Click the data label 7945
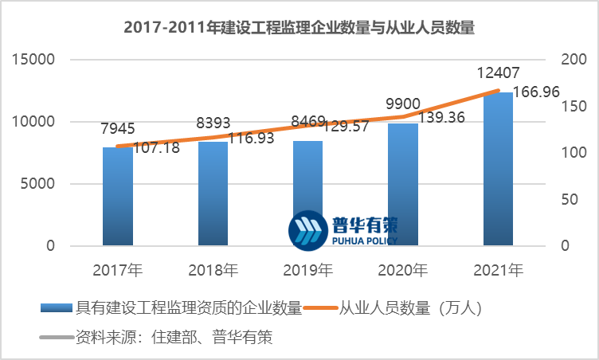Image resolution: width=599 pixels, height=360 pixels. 117,128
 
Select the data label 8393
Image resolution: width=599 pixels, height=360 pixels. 213,123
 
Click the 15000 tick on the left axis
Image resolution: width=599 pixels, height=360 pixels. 34,59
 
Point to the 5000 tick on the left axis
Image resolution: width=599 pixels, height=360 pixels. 38,184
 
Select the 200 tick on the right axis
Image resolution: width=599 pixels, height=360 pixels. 573,59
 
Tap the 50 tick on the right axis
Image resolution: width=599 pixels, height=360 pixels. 569,199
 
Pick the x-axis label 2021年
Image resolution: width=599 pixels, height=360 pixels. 498,270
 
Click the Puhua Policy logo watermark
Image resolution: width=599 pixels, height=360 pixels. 343,229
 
